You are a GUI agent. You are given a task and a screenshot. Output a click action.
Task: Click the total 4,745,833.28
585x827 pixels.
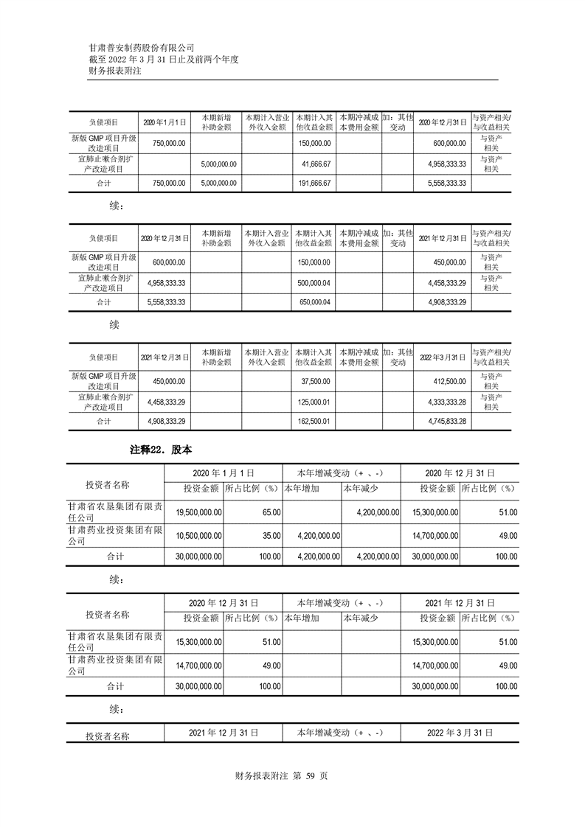446,421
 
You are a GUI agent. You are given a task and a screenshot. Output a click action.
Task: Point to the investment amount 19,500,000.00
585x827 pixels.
195,512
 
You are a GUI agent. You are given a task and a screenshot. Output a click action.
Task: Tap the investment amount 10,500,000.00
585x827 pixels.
195,535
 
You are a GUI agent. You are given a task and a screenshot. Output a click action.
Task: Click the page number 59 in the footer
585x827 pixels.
310,775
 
